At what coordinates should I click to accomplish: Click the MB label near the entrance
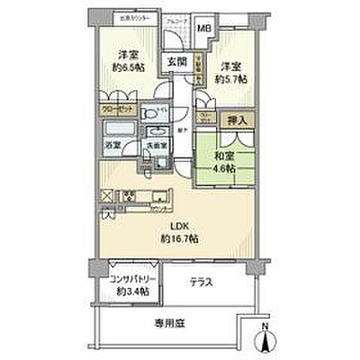click(203, 29)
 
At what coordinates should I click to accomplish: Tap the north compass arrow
click(267, 340)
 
